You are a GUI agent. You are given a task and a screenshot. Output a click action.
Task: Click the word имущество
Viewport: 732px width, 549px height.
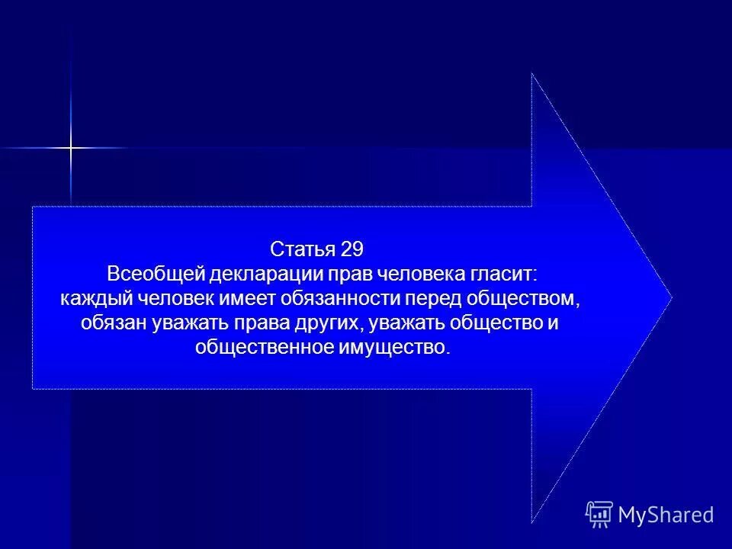pyautogui.click(x=391, y=347)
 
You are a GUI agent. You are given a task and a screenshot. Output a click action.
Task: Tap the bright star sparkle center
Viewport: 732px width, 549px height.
pyautogui.click(x=70, y=146)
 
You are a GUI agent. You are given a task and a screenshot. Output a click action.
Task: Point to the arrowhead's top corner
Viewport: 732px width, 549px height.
pyautogui.click(x=532, y=74)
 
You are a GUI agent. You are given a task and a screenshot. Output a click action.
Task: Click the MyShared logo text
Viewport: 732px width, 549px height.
pyautogui.click(x=666, y=515)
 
